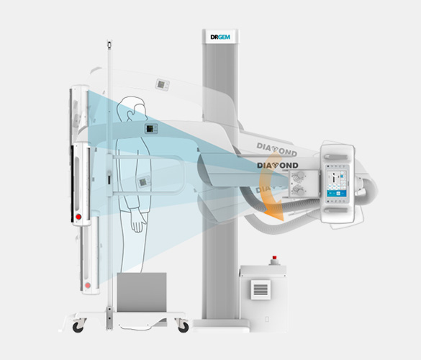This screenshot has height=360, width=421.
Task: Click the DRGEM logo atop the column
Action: click(220, 37)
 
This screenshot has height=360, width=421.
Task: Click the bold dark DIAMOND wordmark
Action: click(278, 165)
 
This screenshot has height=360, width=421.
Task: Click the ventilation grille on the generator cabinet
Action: click(261, 289)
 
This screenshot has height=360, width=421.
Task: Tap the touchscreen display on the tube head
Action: click(337, 184)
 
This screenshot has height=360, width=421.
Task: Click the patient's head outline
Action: click(133, 109)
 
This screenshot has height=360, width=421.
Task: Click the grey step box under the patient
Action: click(142, 292)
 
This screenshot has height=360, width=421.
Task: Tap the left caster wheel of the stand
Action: click(78, 327)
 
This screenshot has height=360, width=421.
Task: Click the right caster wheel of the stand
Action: click(184, 327)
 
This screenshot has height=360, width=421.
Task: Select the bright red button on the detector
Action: click(78, 217)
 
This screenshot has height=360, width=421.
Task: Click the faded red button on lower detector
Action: click(88, 285)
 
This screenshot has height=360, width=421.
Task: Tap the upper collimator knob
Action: click(298, 176)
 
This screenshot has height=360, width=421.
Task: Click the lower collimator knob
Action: click(298, 190)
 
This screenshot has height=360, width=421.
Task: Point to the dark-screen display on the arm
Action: click(150, 128)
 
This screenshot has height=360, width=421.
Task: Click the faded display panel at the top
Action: click(163, 85)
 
